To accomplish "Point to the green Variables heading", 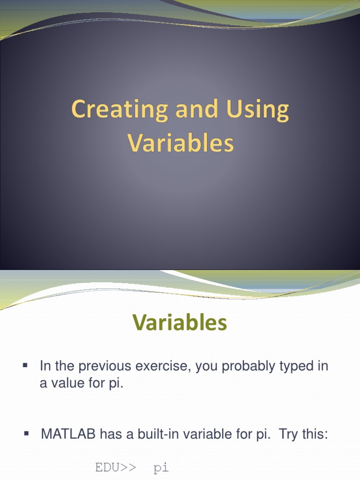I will (x=180, y=323).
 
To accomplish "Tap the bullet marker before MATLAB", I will (x=27, y=434).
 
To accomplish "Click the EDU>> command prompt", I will (x=116, y=467).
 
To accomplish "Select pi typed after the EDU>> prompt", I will (x=161, y=468).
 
